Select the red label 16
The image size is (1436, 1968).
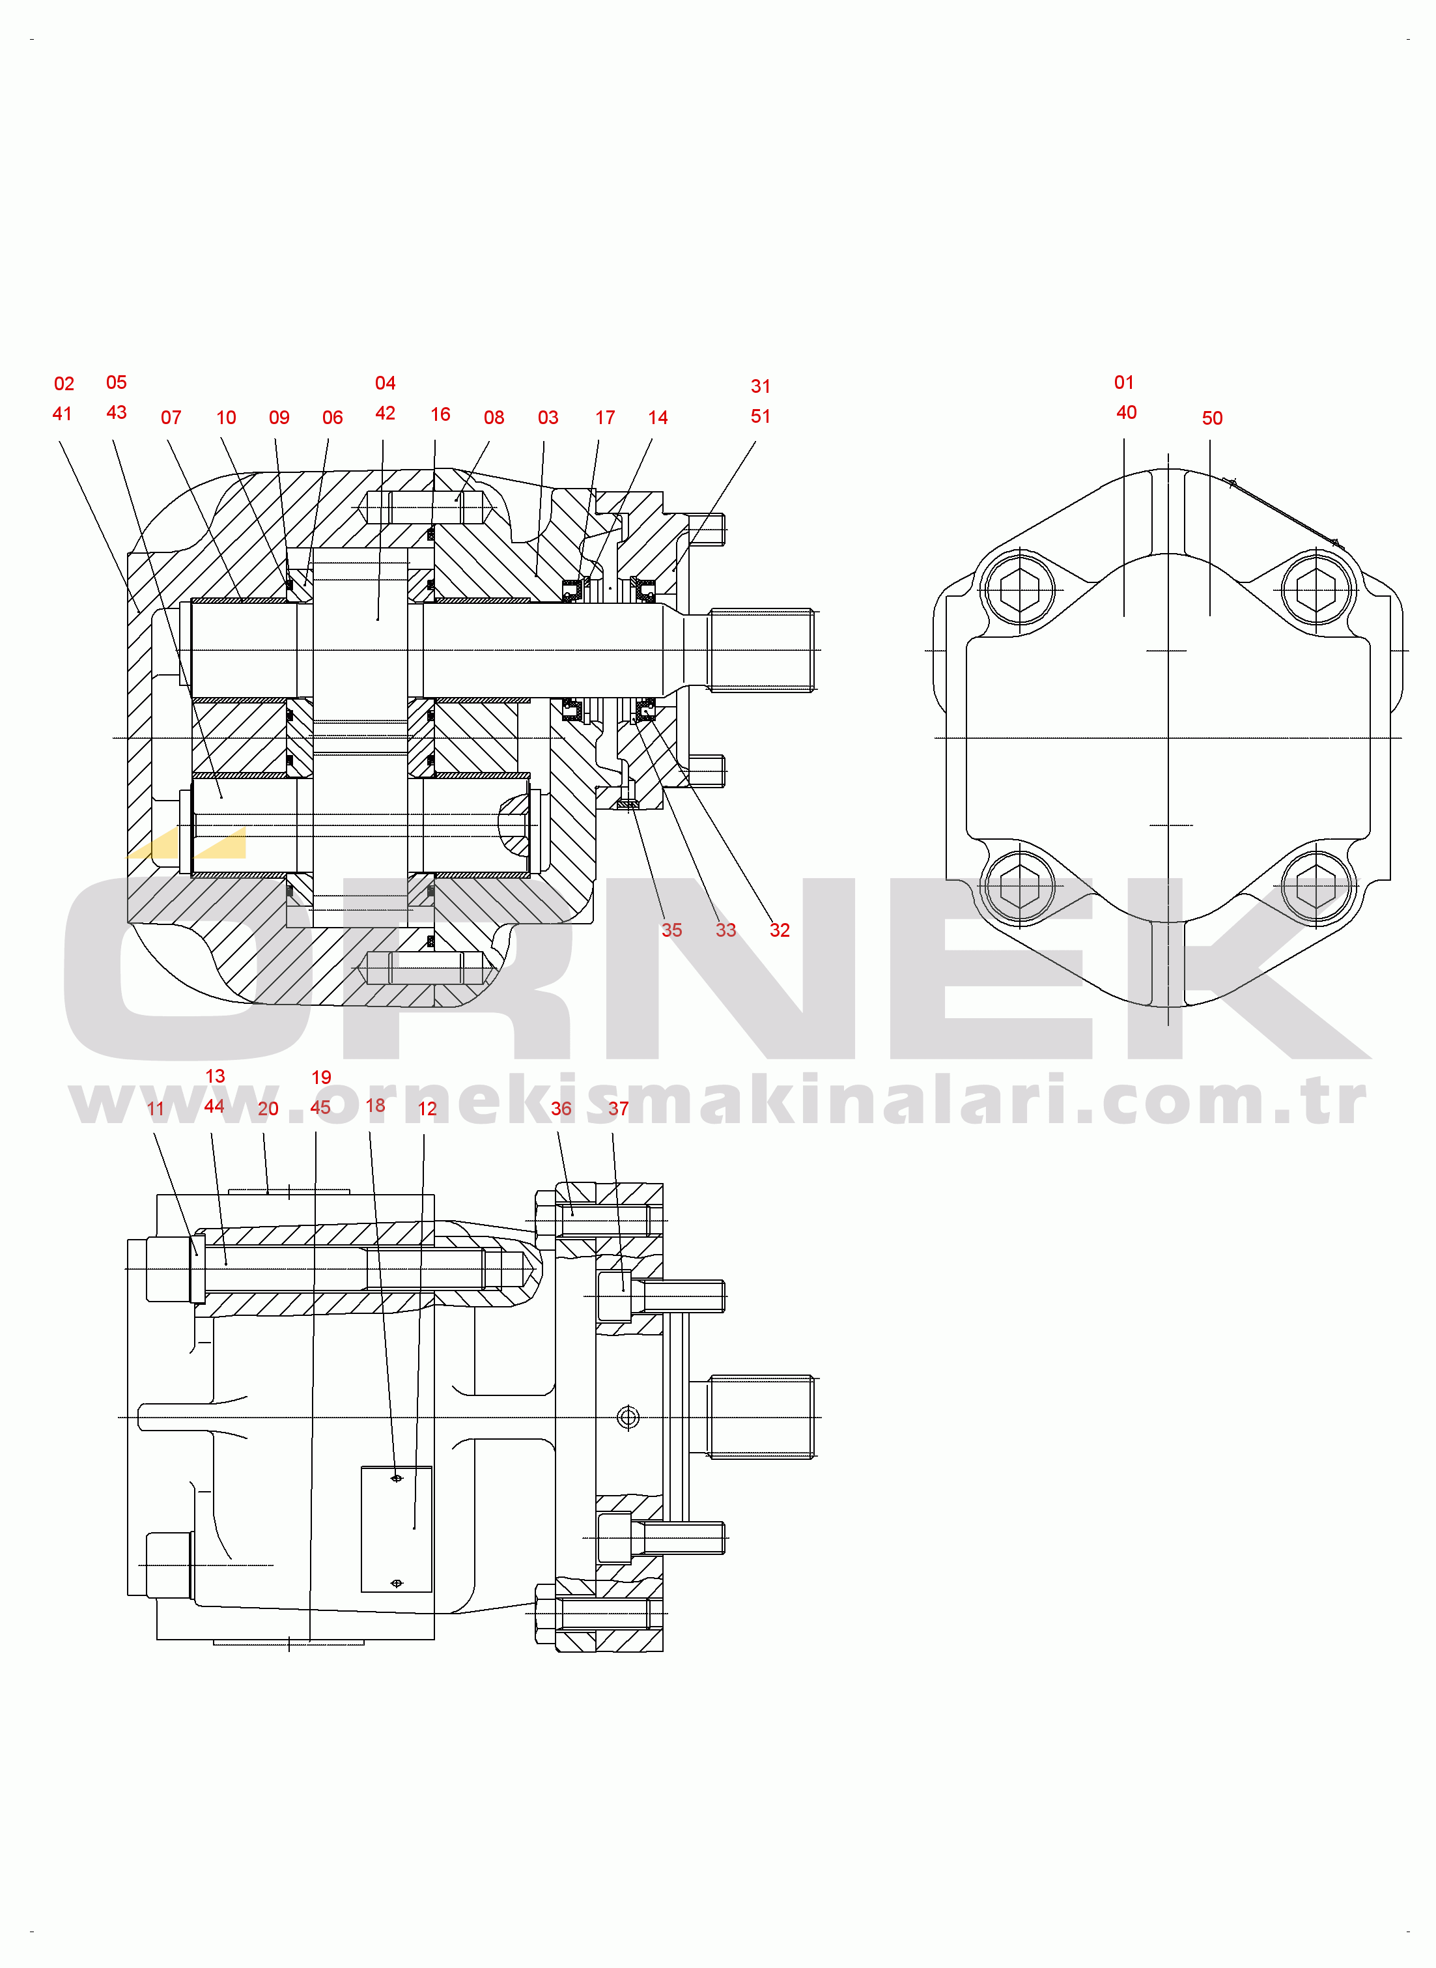pyautogui.click(x=441, y=414)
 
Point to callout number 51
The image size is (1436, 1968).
pyautogui.click(x=761, y=416)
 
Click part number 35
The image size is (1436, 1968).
pyautogui.click(x=672, y=930)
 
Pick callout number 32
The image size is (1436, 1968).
pyautogui.click(x=780, y=930)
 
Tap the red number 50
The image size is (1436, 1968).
pyautogui.click(x=1213, y=418)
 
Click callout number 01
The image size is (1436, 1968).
pyautogui.click(x=1124, y=382)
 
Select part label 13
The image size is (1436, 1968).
pyautogui.click(x=215, y=1076)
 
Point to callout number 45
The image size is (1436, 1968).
pyautogui.click(x=321, y=1107)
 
